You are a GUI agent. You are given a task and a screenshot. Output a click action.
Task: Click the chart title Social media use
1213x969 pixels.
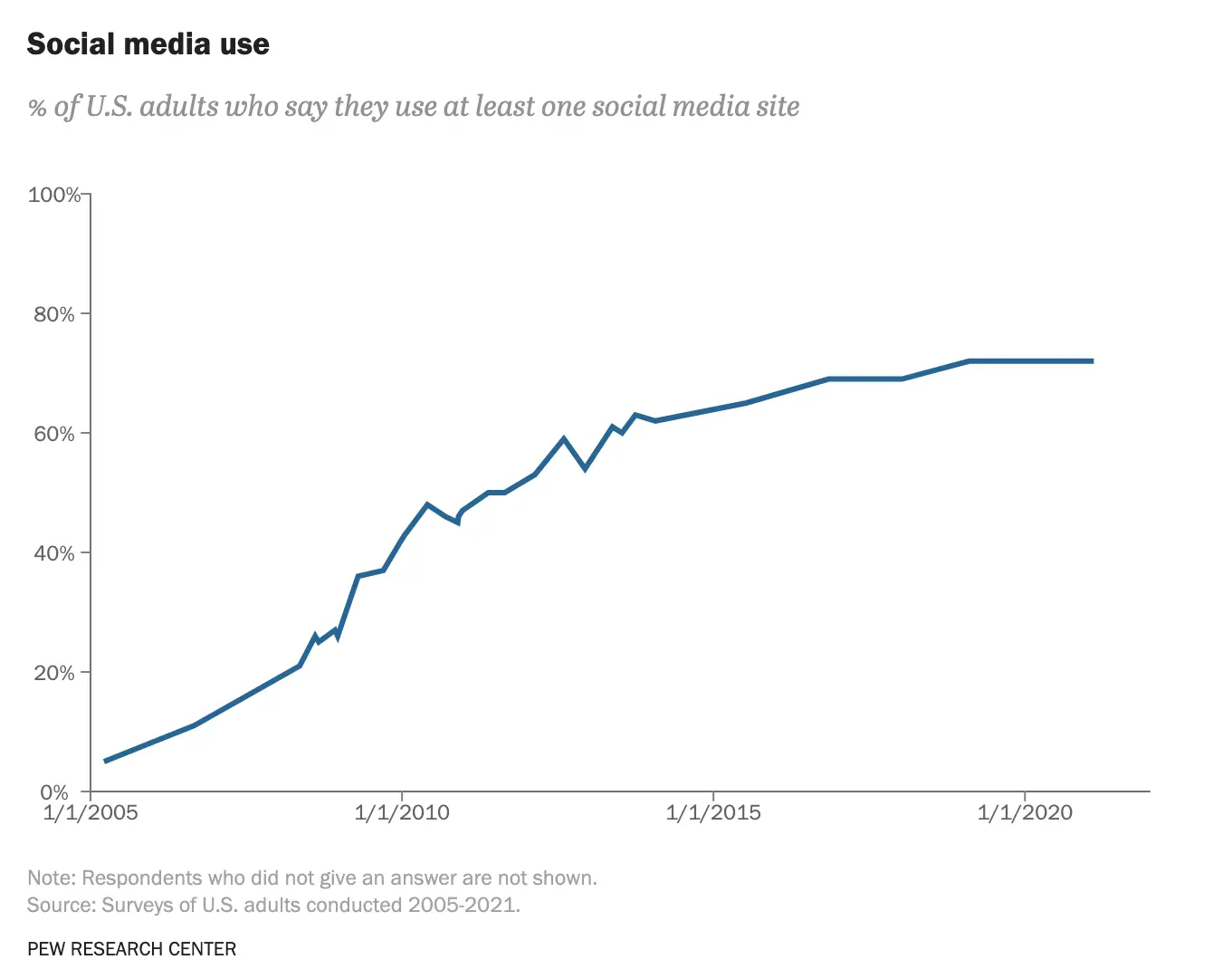(x=148, y=44)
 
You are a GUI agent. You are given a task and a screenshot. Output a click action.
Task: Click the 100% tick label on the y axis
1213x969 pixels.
(x=54, y=195)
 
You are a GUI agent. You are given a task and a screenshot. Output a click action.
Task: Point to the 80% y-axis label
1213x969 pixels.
(x=54, y=314)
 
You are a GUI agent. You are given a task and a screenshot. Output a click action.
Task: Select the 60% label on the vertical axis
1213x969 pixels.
(x=54, y=434)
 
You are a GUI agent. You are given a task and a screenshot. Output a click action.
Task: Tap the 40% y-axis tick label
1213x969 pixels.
(x=54, y=553)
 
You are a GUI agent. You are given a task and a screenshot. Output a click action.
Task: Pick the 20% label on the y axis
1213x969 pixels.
(x=54, y=673)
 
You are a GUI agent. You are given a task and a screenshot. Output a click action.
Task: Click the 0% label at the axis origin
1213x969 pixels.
(x=54, y=792)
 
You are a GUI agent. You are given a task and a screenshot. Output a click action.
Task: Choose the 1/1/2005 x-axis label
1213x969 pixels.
(x=91, y=812)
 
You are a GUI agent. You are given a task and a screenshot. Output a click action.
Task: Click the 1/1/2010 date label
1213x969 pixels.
(x=402, y=812)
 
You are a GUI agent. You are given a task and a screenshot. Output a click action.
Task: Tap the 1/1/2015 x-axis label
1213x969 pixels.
(x=713, y=812)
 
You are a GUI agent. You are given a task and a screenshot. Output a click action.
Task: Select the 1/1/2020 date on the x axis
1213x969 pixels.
(x=1025, y=812)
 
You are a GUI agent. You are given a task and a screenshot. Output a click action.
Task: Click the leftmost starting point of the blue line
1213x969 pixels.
(x=106, y=761)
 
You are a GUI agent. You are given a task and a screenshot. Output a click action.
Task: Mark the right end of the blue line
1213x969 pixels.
(x=1092, y=361)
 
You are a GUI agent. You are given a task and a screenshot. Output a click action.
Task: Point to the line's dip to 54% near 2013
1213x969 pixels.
(x=586, y=468)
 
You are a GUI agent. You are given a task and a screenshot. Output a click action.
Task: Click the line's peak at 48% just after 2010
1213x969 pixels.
(x=427, y=504)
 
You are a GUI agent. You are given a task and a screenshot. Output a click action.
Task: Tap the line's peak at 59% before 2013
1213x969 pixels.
(x=564, y=439)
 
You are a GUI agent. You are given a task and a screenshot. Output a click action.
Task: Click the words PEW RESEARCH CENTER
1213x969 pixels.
(x=132, y=949)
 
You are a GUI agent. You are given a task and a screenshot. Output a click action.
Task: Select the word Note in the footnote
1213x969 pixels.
(x=51, y=878)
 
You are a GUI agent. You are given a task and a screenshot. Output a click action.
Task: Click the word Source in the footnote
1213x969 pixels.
(x=60, y=905)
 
